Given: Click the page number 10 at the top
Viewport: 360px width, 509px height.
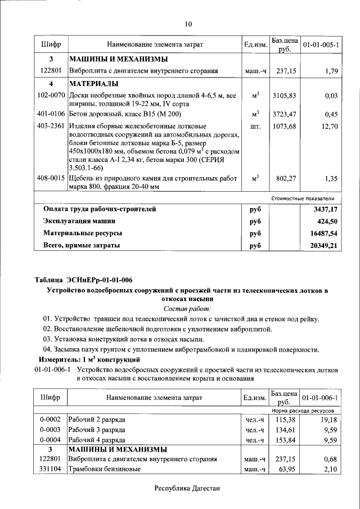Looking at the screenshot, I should pyautogui.click(x=188, y=24).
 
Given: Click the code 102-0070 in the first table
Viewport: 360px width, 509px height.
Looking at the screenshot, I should pyautogui.click(x=51, y=96).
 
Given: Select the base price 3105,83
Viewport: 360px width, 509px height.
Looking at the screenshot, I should pyautogui.click(x=284, y=96).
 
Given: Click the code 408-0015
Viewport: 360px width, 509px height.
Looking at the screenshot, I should pyautogui.click(x=51, y=178).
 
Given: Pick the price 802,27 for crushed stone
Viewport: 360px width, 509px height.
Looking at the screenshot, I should pyautogui.click(x=284, y=178).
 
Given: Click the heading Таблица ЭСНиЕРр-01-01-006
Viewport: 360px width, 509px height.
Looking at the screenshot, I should pyautogui.click(x=83, y=280).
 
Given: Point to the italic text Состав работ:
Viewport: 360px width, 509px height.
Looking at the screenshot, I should pyautogui.click(x=187, y=309).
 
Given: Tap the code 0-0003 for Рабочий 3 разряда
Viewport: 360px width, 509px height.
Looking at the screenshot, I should pyautogui.click(x=51, y=430).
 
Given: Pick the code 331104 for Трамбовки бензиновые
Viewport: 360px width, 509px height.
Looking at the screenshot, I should pyautogui.click(x=51, y=469).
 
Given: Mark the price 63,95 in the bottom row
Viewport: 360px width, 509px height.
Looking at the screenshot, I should pyautogui.click(x=286, y=469).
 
